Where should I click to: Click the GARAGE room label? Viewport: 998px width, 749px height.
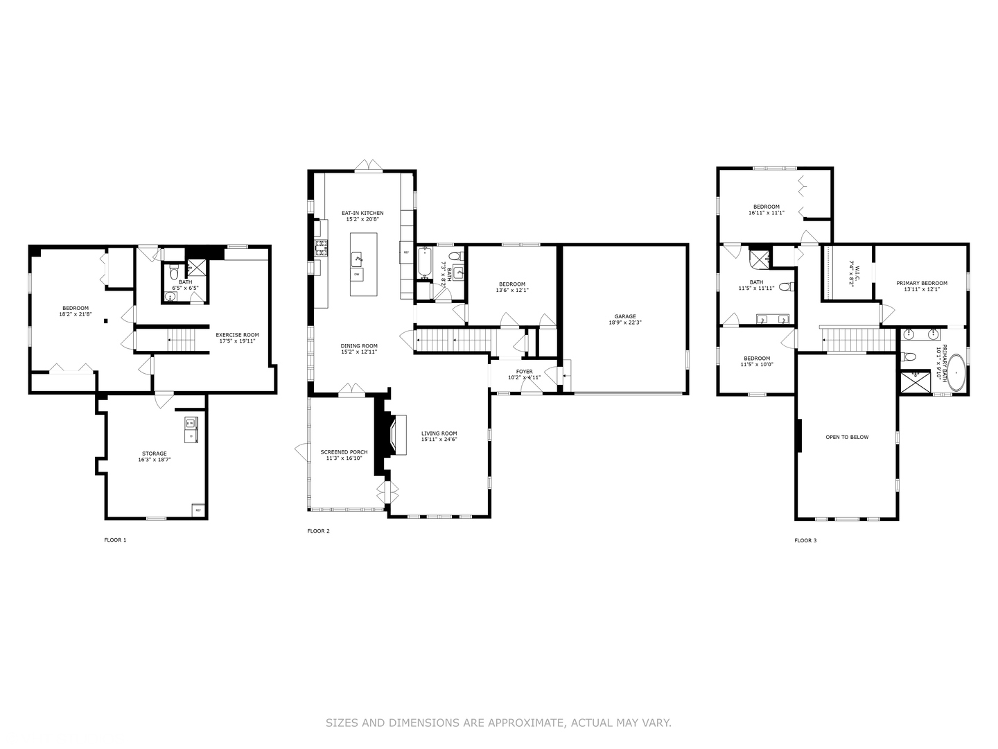(624, 316)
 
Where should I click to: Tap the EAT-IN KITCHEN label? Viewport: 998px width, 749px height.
(362, 213)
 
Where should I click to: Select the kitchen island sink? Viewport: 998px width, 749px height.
(358, 259)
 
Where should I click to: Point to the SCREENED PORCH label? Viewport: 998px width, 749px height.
(344, 452)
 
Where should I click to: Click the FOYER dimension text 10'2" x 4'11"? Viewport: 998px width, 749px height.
(524, 378)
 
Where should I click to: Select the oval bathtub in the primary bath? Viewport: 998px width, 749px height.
(956, 373)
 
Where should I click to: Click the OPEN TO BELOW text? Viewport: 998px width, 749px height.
(847, 437)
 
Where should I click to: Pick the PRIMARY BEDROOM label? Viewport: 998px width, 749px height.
(921, 283)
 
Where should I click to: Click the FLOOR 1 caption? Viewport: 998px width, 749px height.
(115, 540)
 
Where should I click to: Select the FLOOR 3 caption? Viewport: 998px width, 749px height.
(805, 540)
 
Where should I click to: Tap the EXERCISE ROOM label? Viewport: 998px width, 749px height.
(237, 335)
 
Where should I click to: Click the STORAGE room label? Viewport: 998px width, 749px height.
(155, 454)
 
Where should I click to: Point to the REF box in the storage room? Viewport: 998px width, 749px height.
(198, 510)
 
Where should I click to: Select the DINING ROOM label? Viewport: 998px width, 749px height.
(358, 345)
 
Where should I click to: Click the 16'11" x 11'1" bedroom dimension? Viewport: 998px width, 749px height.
(767, 213)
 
